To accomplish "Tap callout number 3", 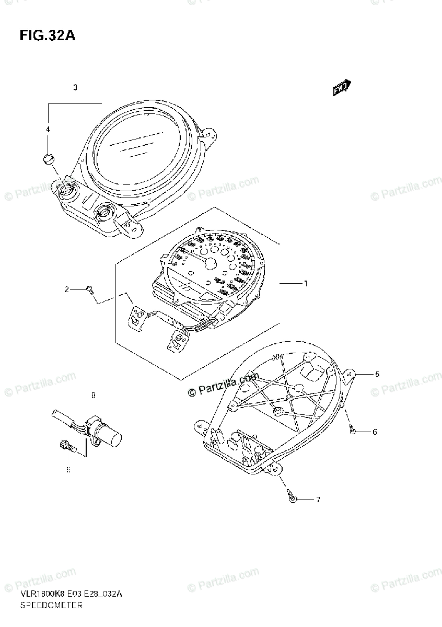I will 75,88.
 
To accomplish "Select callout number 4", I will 48,129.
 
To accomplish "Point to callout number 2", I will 67,289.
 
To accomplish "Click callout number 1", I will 306,284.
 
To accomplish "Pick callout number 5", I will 377,374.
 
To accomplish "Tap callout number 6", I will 375,432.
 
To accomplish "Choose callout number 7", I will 317,500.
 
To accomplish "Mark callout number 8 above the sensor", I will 93,396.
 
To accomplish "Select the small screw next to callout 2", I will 90,289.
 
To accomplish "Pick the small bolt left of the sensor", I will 66,445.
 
